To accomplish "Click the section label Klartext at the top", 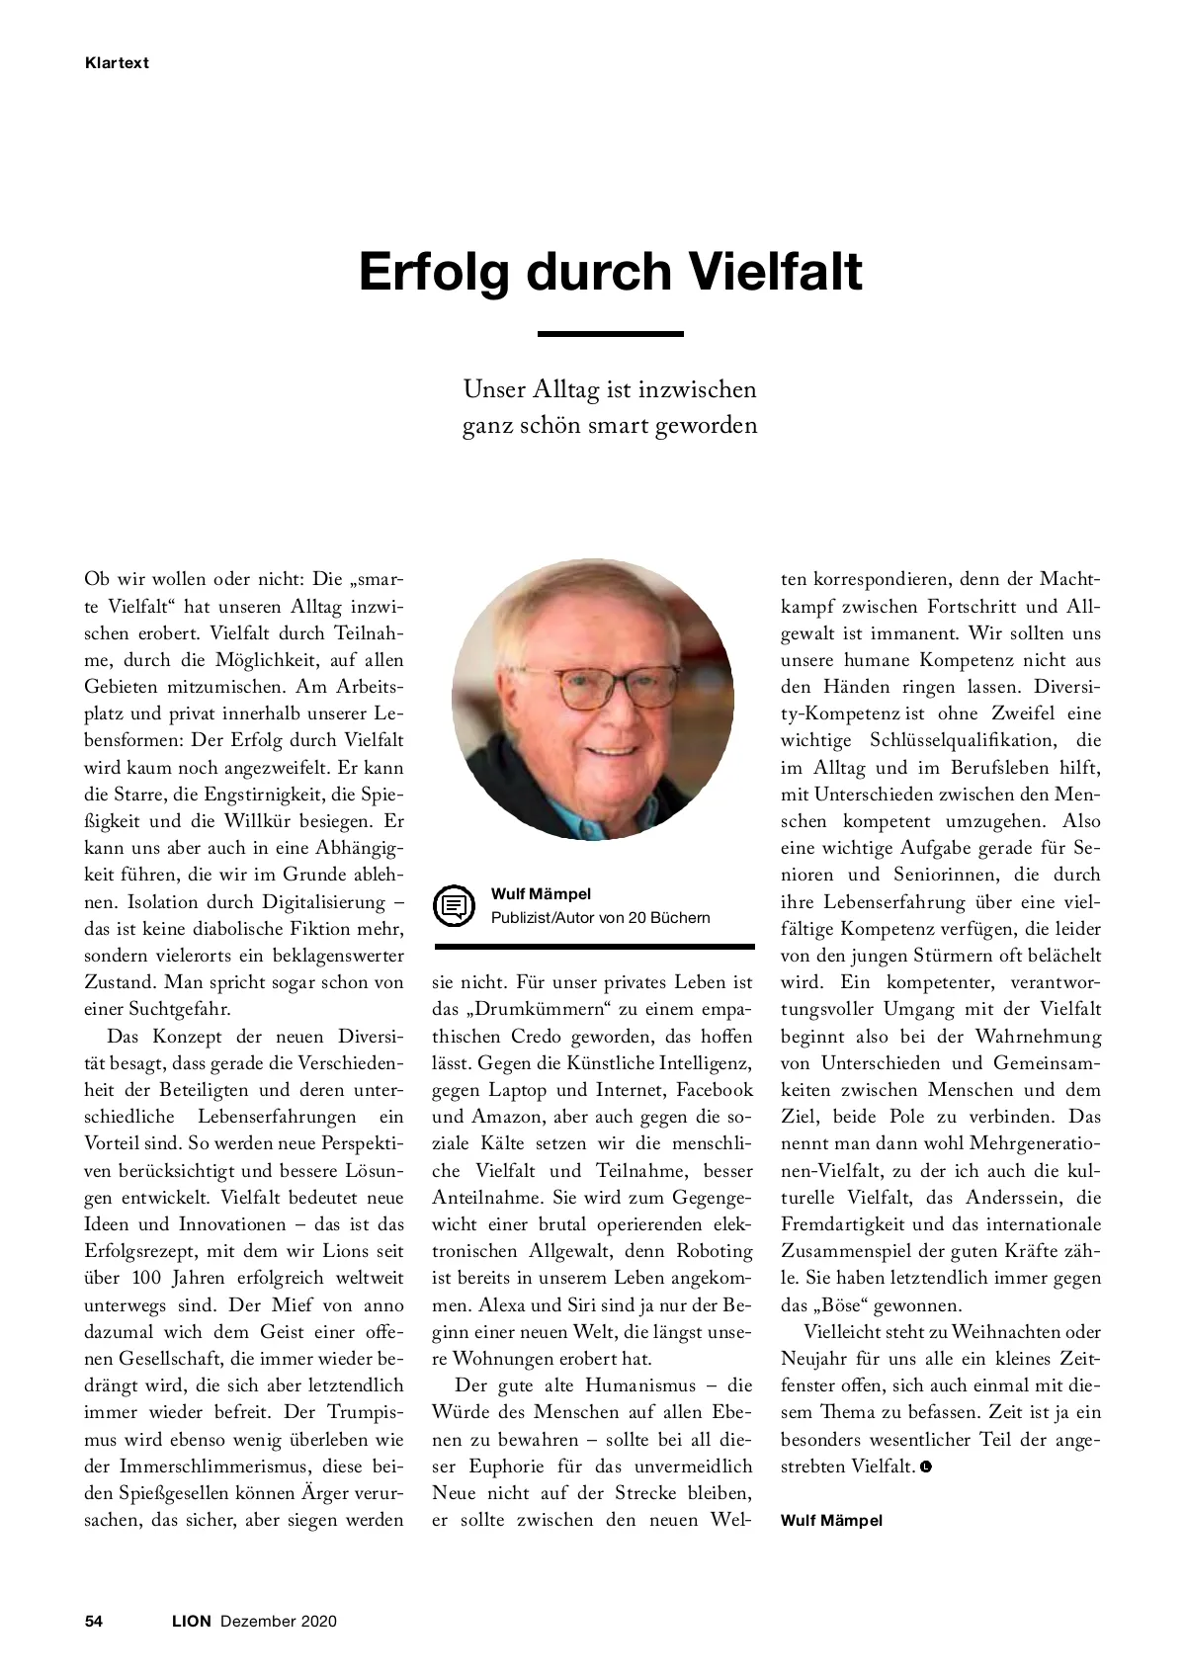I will [116, 62].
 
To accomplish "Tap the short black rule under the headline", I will [610, 334].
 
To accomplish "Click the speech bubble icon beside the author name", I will [455, 905].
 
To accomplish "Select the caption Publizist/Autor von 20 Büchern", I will [600, 917].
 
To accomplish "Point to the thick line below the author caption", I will [593, 947].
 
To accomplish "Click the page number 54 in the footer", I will [94, 1621].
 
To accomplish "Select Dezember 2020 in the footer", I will [278, 1621].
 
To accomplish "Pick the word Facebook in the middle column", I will [708, 1090].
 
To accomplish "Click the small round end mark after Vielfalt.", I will [926, 1466].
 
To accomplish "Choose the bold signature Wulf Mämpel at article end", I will [831, 1520].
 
